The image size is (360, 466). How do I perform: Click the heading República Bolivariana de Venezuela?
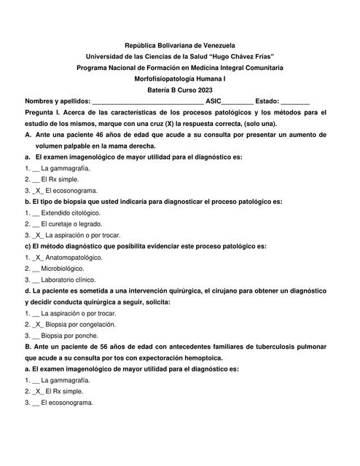(179, 46)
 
